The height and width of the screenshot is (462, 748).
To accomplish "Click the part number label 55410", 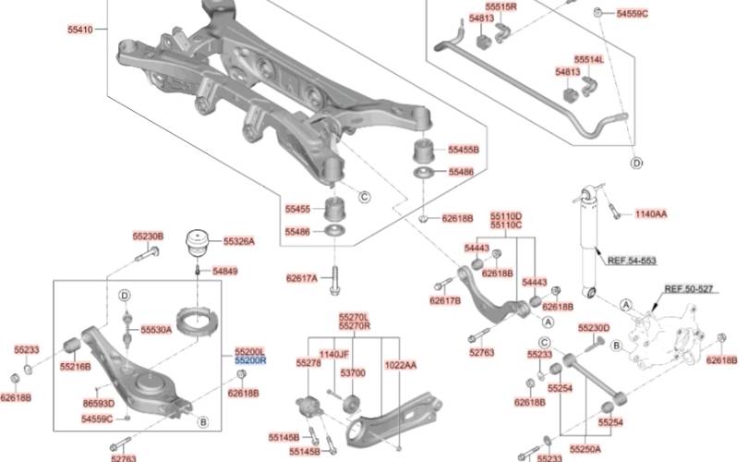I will click(x=80, y=30).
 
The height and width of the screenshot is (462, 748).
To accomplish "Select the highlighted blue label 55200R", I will click(x=249, y=361).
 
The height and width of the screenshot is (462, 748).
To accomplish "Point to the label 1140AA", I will click(x=650, y=214).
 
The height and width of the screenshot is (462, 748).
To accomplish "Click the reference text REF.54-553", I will click(x=632, y=261).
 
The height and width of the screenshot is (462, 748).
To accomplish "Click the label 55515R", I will click(x=501, y=6).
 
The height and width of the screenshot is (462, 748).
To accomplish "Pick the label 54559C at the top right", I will click(x=633, y=13).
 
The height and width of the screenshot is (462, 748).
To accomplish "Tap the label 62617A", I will click(x=301, y=277).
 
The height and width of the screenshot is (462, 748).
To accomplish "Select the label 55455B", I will click(x=464, y=149).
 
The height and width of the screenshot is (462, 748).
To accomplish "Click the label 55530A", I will click(x=156, y=329).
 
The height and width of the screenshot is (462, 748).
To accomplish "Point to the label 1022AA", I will click(x=400, y=365).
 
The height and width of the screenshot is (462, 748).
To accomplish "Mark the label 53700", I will click(x=353, y=372).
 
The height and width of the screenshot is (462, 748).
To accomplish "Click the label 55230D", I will click(x=594, y=328).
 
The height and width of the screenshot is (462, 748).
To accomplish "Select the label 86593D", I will click(x=98, y=404).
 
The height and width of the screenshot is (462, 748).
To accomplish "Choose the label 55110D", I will click(x=505, y=215).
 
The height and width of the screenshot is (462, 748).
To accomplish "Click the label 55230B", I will click(x=147, y=237).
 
